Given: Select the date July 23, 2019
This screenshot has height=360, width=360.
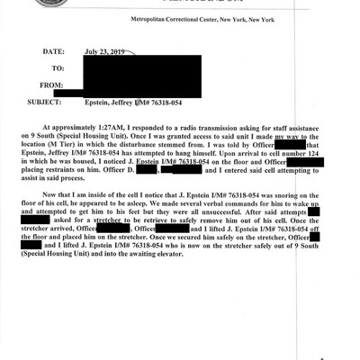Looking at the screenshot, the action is click(x=107, y=52).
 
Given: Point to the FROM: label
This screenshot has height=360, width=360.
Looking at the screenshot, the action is click(x=53, y=85).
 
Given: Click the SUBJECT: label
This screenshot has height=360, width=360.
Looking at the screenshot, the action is click(x=49, y=101).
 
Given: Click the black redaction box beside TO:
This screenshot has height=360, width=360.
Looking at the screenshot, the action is click(x=144, y=68).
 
